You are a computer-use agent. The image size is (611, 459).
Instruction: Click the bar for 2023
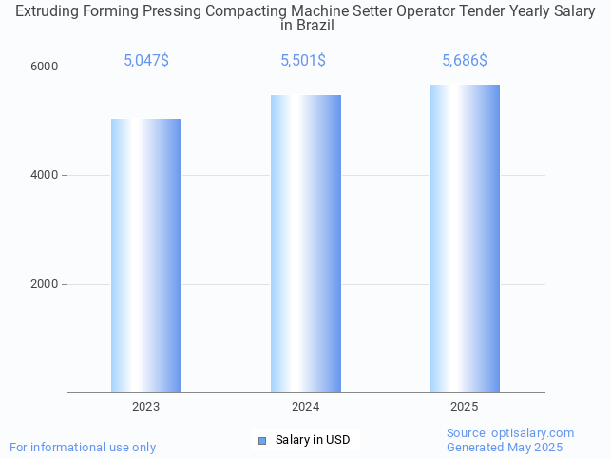pyautogui.click(x=146, y=256)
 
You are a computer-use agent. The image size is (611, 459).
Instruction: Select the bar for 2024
pyautogui.click(x=305, y=243)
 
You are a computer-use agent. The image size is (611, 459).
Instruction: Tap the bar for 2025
pyautogui.click(x=465, y=239)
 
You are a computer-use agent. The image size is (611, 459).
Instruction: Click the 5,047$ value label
pyautogui.click(x=146, y=60)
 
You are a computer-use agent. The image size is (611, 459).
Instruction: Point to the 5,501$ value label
pyautogui.click(x=303, y=60)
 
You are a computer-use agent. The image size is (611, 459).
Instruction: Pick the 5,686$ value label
pyautogui.click(x=465, y=60)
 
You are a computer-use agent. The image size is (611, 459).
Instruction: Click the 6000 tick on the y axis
pyautogui.click(x=47, y=67)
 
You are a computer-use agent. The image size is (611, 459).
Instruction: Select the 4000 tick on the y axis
pyautogui.click(x=47, y=175)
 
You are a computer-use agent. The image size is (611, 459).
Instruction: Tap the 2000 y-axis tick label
pyautogui.click(x=47, y=284)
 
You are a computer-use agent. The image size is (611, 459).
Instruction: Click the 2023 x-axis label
pyautogui.click(x=146, y=407)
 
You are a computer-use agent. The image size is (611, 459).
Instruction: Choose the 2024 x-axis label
pyautogui.click(x=305, y=407)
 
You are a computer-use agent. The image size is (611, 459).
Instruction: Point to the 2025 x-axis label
pyautogui.click(x=465, y=407)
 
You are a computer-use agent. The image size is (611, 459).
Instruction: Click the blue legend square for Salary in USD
pyautogui.click(x=263, y=440)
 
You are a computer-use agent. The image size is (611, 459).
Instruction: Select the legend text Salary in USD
pyautogui.click(x=313, y=440)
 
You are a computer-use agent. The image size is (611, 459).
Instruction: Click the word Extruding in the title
pyautogui.click(x=47, y=10)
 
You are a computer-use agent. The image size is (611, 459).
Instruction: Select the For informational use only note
pyautogui.click(x=83, y=447)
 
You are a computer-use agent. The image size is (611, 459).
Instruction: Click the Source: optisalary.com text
pyautogui.click(x=510, y=432)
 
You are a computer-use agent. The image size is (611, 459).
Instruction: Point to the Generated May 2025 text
pyautogui.click(x=505, y=447)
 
